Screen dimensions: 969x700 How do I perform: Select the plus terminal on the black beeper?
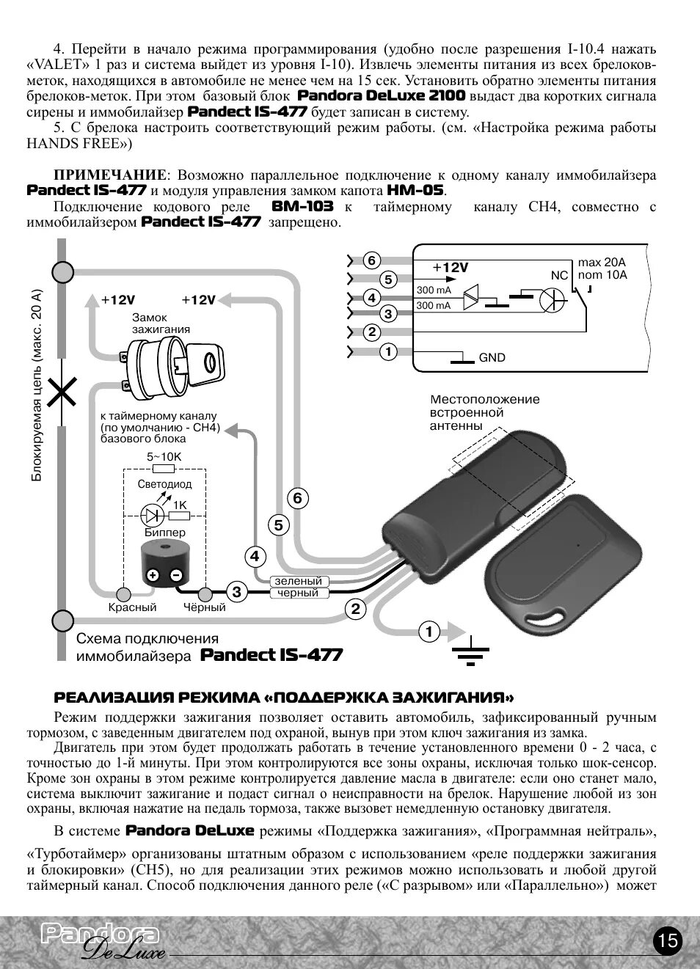[x=153, y=575]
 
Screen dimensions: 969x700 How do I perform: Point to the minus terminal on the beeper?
[x=175, y=575]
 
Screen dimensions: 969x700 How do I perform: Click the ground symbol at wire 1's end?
[x=470, y=648]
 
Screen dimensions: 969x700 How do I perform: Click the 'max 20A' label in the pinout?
[x=602, y=263]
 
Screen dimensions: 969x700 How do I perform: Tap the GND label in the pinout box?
[x=492, y=358]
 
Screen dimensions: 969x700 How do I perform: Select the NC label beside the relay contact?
[x=559, y=275]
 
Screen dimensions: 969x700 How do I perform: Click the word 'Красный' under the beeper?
[x=133, y=607]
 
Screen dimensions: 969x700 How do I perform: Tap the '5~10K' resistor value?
[x=164, y=456]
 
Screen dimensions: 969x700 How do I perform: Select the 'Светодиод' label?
[x=164, y=484]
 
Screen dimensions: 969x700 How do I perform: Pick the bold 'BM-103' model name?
[x=302, y=207]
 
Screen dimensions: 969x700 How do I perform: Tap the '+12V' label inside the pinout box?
[x=450, y=268]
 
